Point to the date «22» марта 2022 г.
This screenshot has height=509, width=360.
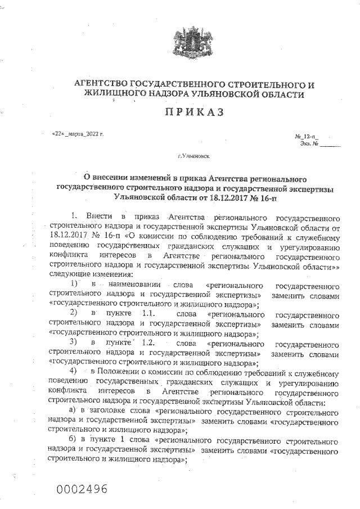pyautogui.click(x=78, y=134)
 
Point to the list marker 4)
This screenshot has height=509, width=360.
pyautogui.click(x=74, y=373)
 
